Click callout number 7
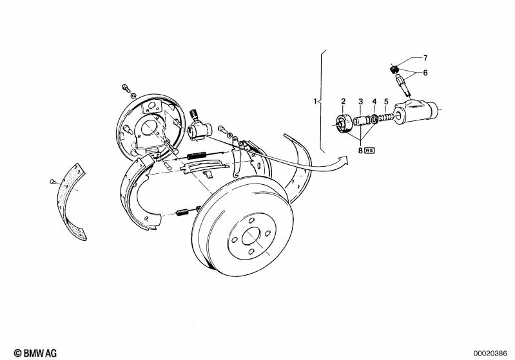point(425,58)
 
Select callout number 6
point(425,73)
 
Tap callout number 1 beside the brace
point(315,101)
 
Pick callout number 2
point(343,101)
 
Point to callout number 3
point(361,101)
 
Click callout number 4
point(374,101)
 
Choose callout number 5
point(386,101)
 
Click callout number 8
point(360,150)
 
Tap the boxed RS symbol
point(369,150)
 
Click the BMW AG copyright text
point(35,353)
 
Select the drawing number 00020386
point(491,354)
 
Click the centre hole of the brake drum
point(251,236)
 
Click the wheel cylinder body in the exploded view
point(416,112)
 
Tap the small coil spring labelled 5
point(385,117)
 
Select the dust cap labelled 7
point(394,69)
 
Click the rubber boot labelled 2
point(342,124)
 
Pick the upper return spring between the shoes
point(197,155)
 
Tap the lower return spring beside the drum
point(182,213)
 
